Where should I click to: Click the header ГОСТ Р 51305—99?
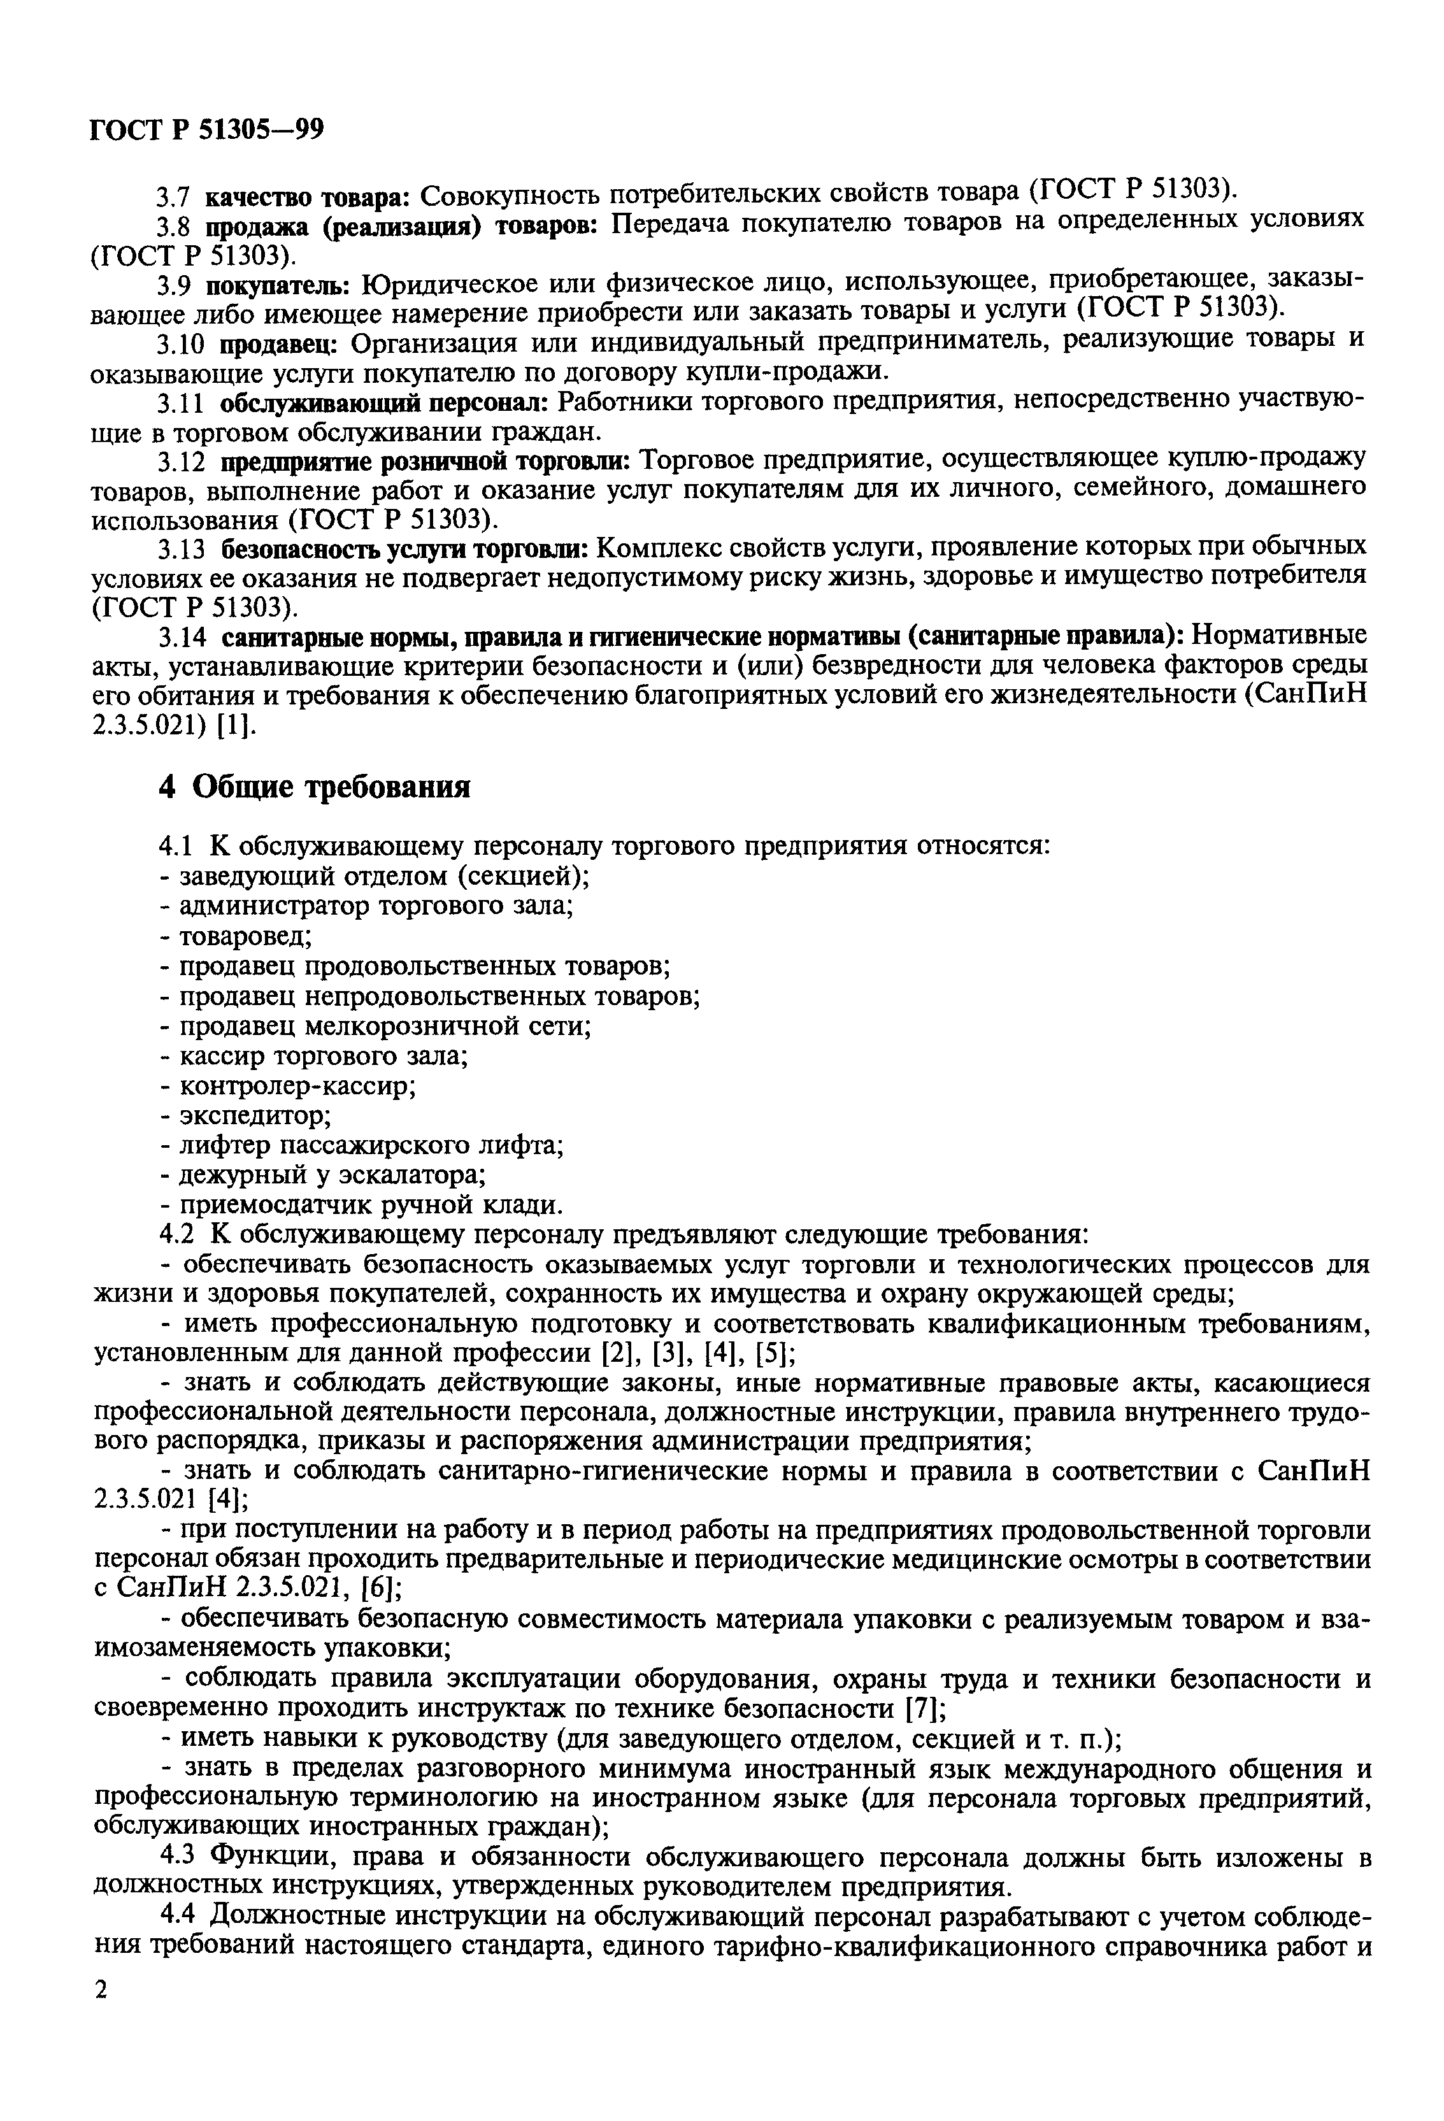(207, 131)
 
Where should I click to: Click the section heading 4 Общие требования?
(315, 786)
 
